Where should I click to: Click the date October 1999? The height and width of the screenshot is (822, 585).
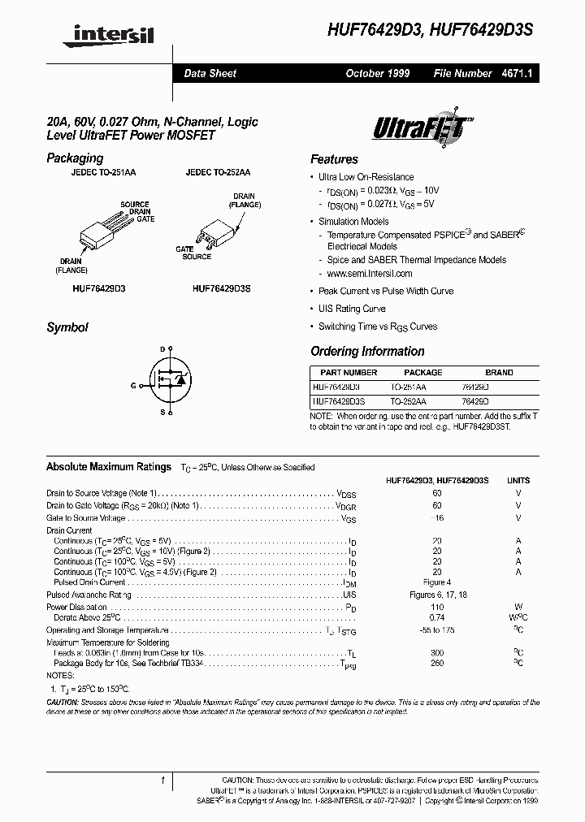point(377,73)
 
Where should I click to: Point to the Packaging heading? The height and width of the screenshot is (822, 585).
point(75,158)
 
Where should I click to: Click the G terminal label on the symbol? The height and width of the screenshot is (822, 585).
point(132,386)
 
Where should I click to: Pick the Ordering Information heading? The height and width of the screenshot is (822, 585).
point(367,352)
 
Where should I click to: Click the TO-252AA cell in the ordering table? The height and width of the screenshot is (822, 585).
point(407,401)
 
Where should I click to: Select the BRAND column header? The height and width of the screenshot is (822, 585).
point(498,373)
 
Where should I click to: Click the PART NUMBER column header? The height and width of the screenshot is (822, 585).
point(344,373)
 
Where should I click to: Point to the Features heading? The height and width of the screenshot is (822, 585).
point(334,159)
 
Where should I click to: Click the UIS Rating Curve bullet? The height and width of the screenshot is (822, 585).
point(351,309)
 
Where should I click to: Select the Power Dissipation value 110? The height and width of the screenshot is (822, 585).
point(437,607)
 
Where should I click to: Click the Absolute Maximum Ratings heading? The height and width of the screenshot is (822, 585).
point(109,467)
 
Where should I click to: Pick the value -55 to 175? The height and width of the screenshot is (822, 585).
point(437,630)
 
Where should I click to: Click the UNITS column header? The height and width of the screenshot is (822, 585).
point(518,481)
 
